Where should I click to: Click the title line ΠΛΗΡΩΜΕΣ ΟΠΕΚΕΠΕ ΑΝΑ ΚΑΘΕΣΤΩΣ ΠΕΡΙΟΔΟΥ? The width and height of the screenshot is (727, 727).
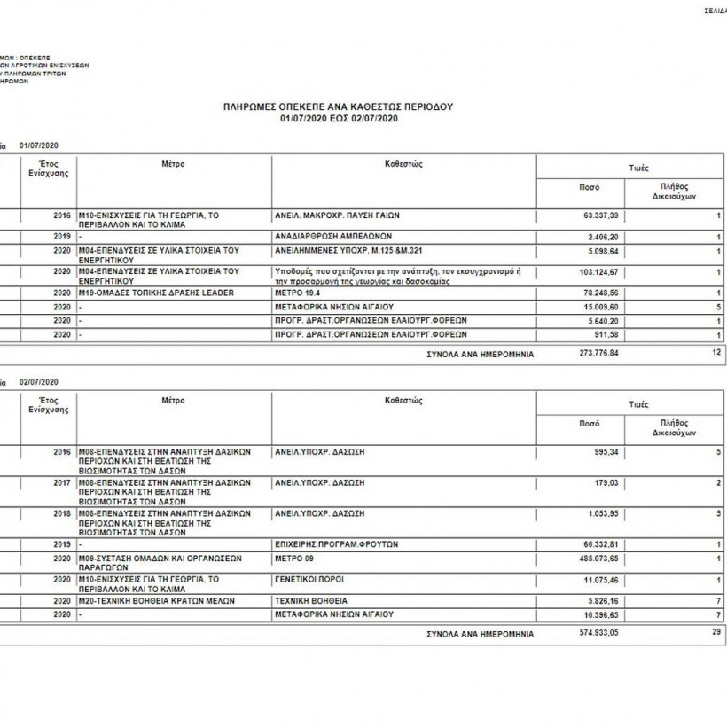pos(340,106)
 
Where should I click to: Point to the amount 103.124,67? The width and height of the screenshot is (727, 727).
pos(597,271)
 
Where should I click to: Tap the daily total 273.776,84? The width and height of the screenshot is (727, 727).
pos(597,352)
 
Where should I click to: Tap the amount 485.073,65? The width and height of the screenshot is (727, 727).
pos(597,559)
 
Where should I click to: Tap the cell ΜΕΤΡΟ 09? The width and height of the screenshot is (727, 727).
pos(295,559)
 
